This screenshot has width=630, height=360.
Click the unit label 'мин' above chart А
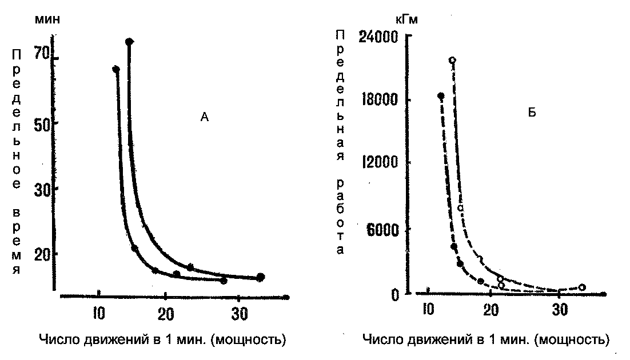point(48,18)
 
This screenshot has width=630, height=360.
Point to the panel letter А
point(205,118)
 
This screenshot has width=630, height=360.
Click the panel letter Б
point(532,113)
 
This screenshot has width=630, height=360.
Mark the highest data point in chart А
point(129,42)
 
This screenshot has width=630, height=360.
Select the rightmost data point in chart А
point(261,277)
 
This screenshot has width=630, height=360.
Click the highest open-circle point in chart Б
point(453,60)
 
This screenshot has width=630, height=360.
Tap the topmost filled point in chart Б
point(441,96)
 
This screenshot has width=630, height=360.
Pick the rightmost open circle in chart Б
point(582,287)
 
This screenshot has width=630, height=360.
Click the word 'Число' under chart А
point(55,341)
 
